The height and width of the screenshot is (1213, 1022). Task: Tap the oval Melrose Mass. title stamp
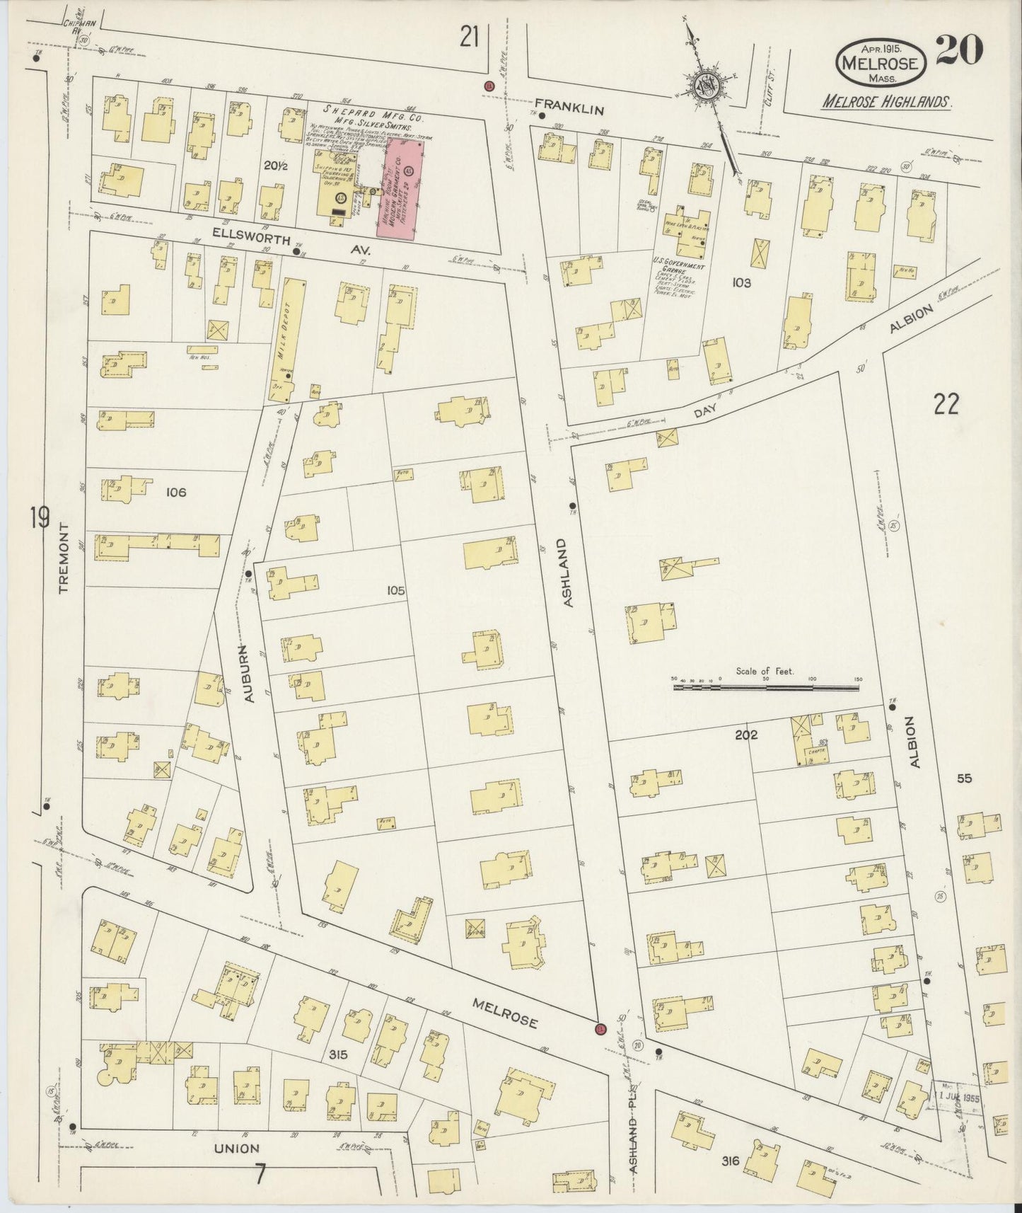coord(880,62)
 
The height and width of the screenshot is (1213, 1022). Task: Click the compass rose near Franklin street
coord(707,86)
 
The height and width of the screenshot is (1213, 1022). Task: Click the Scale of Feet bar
coord(765,686)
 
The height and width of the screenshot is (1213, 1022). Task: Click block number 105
coord(396,590)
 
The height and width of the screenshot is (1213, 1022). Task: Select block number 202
coord(745,735)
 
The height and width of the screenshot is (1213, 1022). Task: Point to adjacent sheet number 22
coord(946,405)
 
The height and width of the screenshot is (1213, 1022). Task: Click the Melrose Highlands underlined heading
coord(886,101)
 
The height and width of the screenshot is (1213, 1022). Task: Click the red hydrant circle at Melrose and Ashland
coord(601,1028)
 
